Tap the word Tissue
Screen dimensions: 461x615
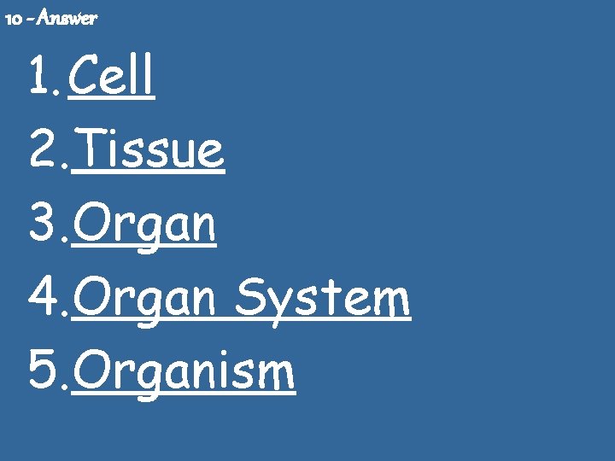tap(149, 151)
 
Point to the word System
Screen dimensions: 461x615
tap(322, 299)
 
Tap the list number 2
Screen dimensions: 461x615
tap(43, 151)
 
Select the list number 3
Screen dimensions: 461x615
tap(43, 225)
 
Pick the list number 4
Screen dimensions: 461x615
tap(43, 299)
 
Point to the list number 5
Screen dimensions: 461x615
tap(43, 373)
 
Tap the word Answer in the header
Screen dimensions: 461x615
tap(67, 18)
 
